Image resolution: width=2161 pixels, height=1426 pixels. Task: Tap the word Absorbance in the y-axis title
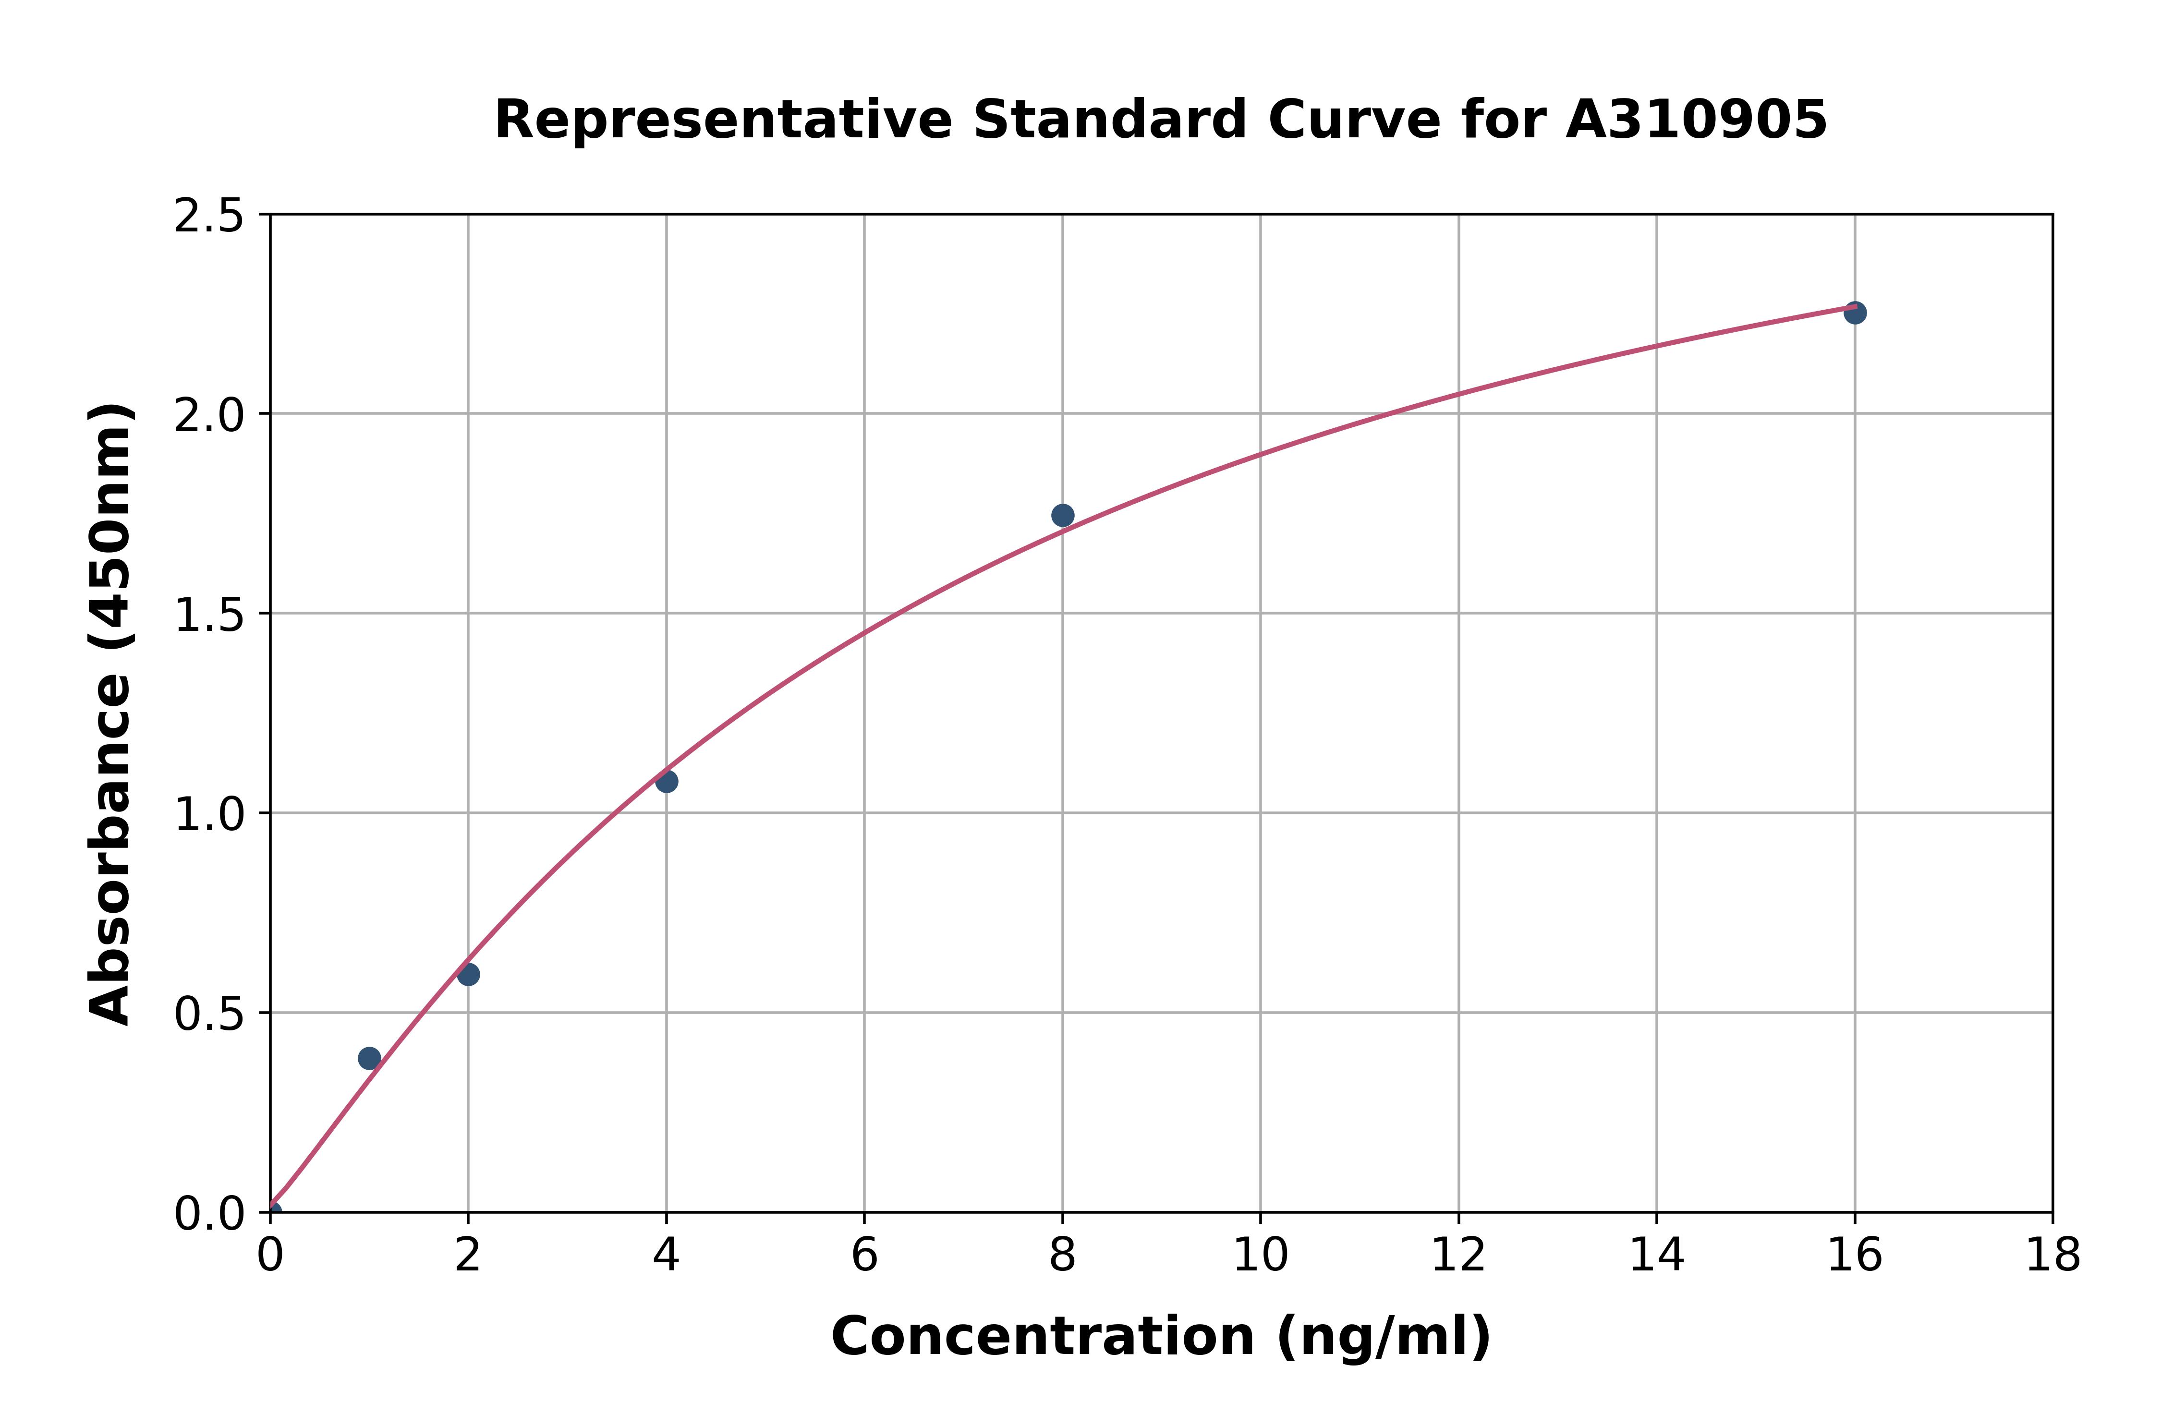[111, 850]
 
